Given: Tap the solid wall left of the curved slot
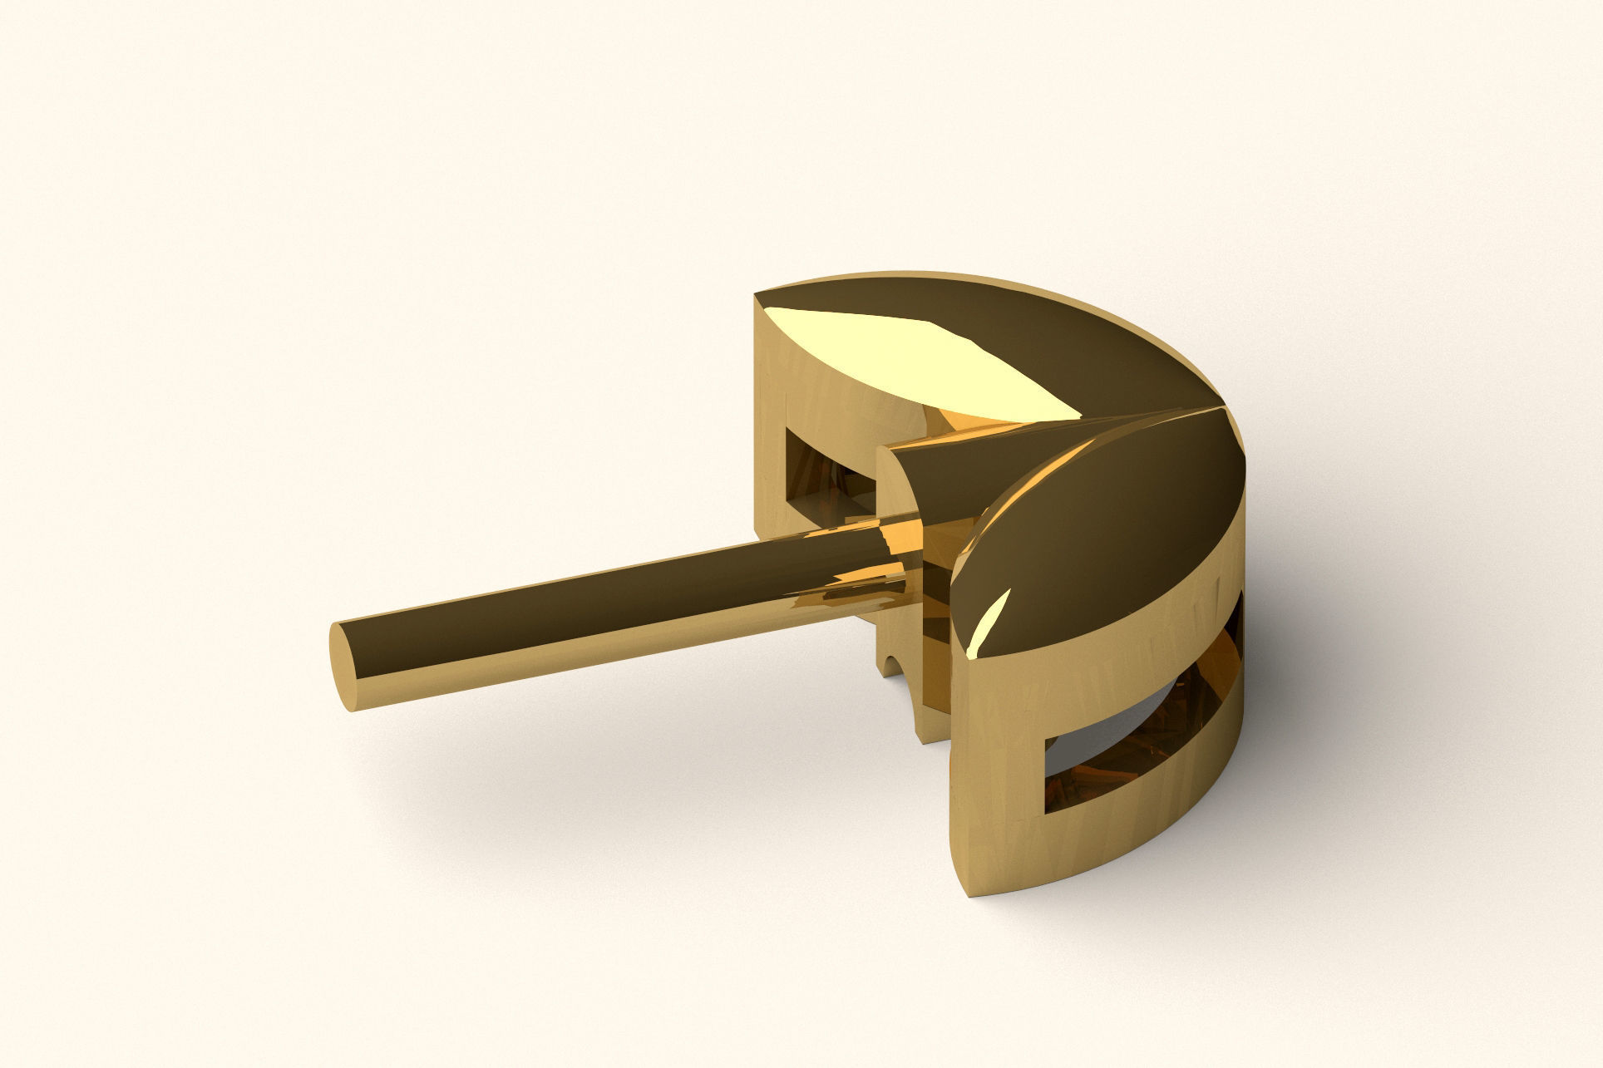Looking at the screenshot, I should pyautogui.click(x=994, y=748).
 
